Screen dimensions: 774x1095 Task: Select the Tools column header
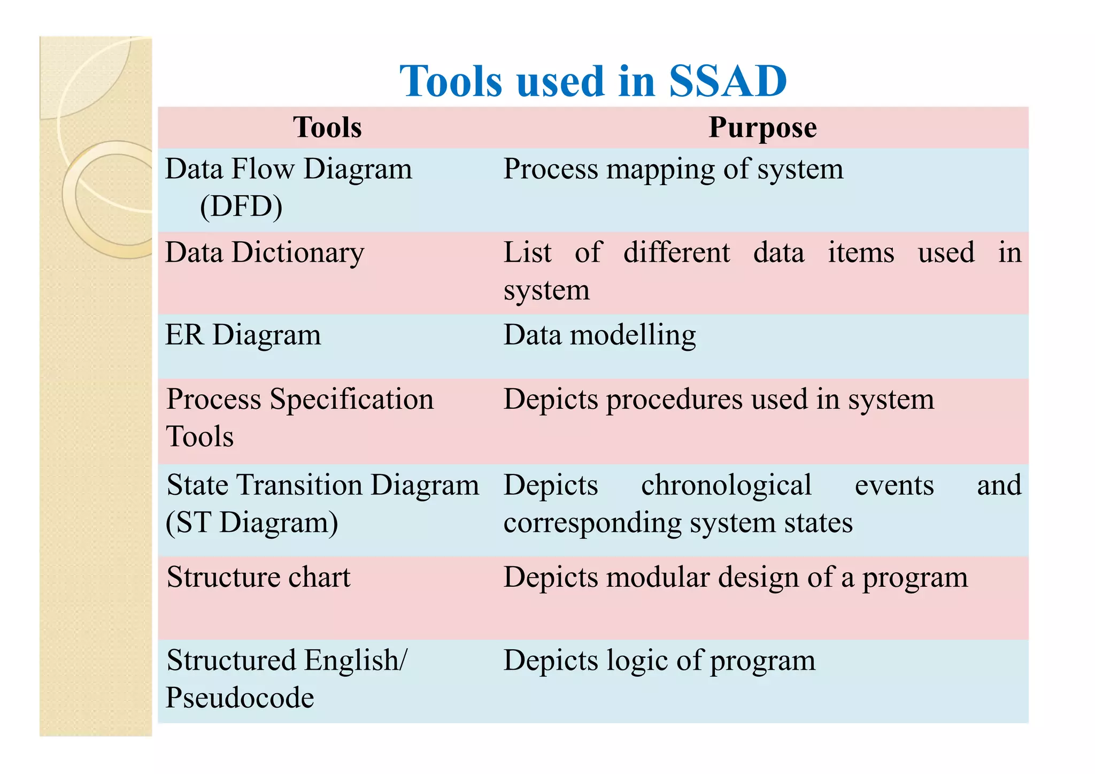click(x=327, y=128)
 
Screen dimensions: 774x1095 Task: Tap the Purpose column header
click(x=762, y=128)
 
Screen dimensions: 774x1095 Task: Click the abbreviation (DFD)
click(x=241, y=206)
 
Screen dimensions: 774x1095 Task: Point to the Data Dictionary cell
click(x=265, y=252)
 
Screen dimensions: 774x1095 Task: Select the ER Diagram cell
click(x=243, y=335)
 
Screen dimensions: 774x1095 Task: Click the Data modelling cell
click(x=599, y=335)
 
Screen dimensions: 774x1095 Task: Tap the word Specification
click(x=351, y=400)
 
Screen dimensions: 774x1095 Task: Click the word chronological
click(x=726, y=486)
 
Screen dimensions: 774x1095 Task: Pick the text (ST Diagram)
click(x=252, y=523)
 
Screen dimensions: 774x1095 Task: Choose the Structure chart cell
click(x=258, y=578)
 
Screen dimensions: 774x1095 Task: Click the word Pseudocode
click(x=240, y=698)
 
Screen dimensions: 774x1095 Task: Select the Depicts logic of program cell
click(x=659, y=661)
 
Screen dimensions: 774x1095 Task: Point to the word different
click(x=676, y=252)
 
